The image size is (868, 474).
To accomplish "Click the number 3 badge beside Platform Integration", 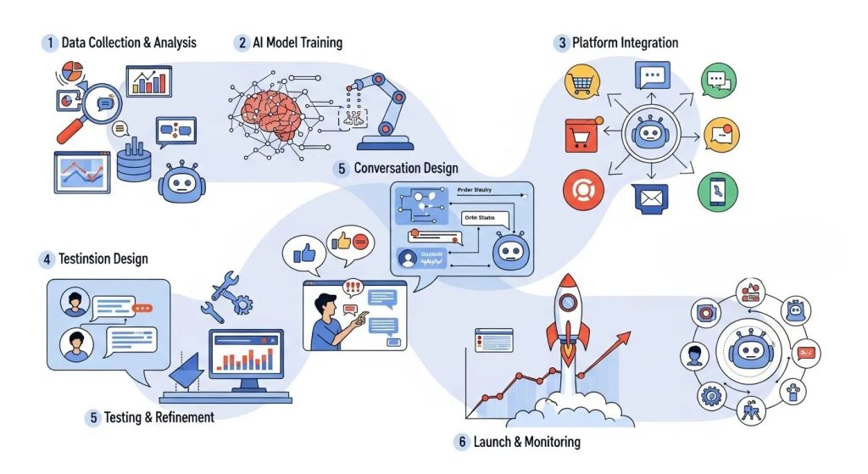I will [561, 42].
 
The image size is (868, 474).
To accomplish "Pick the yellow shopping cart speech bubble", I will [584, 83].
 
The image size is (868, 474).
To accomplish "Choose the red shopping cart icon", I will [581, 136].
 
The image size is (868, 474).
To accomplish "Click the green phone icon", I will [718, 191].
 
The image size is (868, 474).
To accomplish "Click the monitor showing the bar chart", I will [247, 355].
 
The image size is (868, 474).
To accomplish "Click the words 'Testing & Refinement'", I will [159, 417].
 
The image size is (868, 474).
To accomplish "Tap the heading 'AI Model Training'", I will [297, 42].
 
